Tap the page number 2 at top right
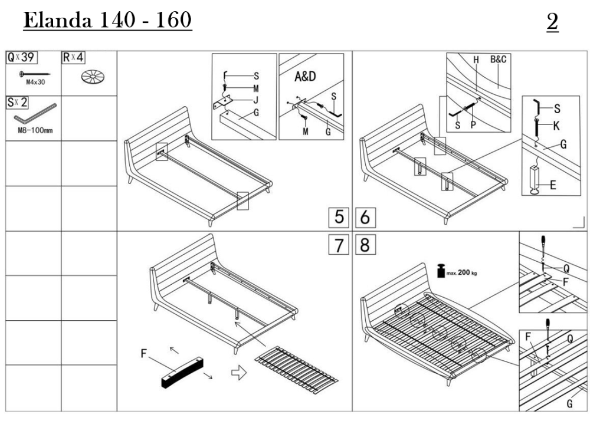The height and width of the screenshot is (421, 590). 552,22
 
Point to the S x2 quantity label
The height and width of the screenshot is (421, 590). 17,103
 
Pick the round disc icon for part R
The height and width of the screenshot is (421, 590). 93,76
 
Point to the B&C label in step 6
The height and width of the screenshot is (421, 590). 500,60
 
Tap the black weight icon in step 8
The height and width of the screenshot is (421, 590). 440,271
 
